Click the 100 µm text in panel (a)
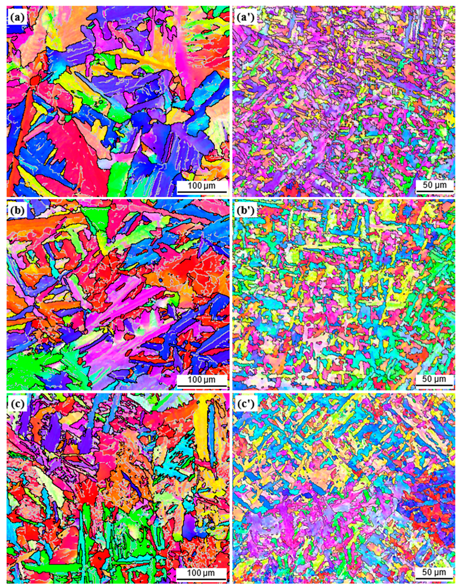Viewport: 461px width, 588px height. click(202, 185)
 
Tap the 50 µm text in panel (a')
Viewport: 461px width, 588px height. click(434, 185)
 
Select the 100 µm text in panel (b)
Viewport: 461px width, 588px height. click(202, 379)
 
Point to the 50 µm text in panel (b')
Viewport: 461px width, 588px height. click(434, 379)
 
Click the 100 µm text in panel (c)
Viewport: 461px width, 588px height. click(202, 573)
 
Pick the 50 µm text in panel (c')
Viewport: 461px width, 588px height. click(434, 573)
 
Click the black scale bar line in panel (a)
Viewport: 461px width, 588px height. click(202, 192)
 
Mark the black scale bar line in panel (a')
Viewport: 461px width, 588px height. click(434, 192)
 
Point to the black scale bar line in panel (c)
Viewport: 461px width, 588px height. click(202, 579)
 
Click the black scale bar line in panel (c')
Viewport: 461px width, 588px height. click(434, 579)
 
